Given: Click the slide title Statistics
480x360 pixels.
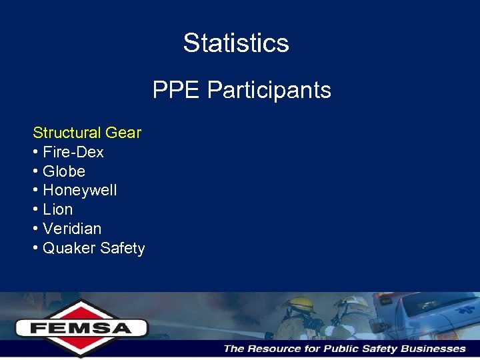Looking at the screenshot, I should [x=236, y=43].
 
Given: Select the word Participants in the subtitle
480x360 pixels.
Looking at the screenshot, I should [x=269, y=89].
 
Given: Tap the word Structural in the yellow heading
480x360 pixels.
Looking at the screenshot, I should [x=65, y=133].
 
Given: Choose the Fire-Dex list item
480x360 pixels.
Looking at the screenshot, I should [x=73, y=152].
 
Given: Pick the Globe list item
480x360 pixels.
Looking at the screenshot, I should [x=63, y=171].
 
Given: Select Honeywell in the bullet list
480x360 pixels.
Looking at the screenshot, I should [x=79, y=191].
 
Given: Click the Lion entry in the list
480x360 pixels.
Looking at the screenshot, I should [x=57, y=209].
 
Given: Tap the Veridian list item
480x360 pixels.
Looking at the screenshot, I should [x=71, y=229].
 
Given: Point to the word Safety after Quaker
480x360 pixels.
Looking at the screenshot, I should [x=121, y=249].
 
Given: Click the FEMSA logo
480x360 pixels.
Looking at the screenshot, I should [x=81, y=327].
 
